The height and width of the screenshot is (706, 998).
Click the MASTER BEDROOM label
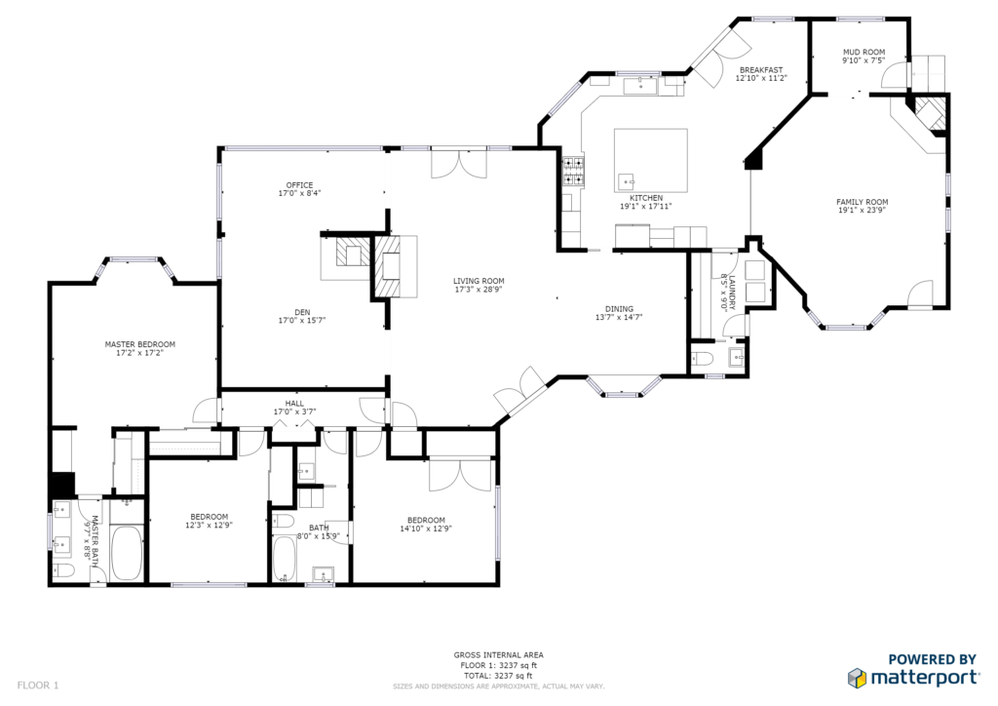[140, 344]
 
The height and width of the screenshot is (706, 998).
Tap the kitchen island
[650, 161]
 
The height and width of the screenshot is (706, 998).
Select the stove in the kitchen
[573, 172]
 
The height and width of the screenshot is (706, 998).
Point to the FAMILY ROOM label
[863, 202]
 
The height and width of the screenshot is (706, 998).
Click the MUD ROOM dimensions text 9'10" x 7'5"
[864, 60]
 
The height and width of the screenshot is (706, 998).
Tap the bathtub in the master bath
[127, 553]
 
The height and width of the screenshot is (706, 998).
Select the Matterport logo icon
[857, 678]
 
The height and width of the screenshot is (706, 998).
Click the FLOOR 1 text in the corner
[38, 686]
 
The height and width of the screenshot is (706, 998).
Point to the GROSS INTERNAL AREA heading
[498, 655]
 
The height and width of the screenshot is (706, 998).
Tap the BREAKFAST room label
[761, 70]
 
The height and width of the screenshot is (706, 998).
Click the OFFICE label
[299, 185]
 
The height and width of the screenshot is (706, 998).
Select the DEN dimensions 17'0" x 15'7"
[302, 320]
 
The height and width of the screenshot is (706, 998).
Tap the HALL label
[294, 404]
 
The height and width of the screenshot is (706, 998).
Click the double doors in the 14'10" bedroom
[461, 474]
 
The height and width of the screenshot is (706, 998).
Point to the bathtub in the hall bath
[285, 559]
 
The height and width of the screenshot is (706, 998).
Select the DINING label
[619, 309]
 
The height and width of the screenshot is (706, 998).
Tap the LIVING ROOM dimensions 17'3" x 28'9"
[479, 289]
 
